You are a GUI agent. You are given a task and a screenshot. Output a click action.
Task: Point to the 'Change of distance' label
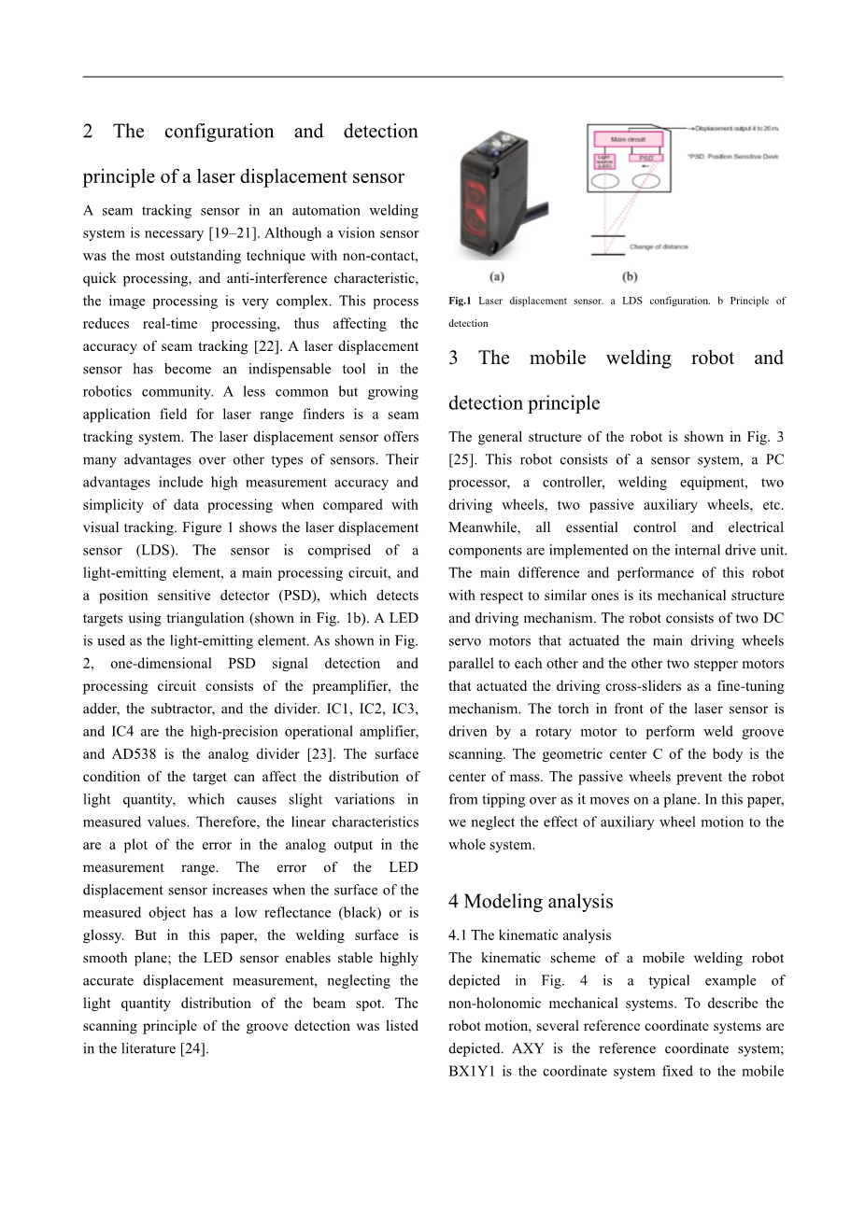[x=659, y=247]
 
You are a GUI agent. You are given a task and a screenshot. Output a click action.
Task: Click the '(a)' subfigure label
[x=498, y=277]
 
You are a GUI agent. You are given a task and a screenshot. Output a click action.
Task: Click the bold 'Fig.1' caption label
[x=460, y=301]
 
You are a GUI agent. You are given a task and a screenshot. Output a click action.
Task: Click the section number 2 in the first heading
[x=88, y=132]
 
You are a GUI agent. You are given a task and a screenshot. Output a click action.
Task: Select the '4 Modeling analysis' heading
[x=531, y=901]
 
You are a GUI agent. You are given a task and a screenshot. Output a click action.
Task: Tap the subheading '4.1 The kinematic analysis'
[x=530, y=935]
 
